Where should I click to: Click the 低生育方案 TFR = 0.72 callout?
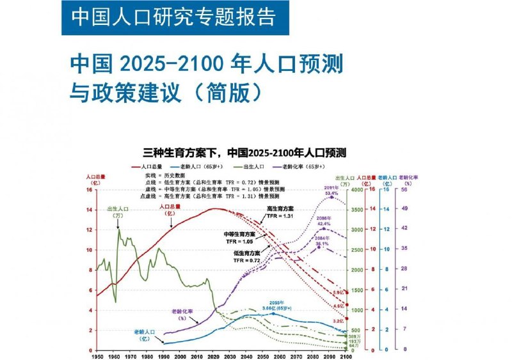tap(246, 256)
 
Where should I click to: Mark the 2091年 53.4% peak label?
tap(331, 190)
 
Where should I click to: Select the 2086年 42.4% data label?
tap(323, 221)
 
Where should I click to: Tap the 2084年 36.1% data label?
tap(322, 241)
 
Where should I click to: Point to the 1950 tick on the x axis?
tap(97, 356)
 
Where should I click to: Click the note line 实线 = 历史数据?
tap(166, 175)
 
